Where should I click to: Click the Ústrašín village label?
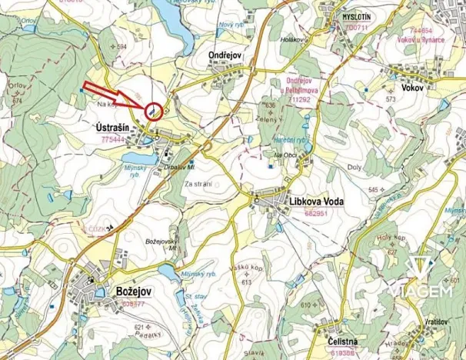tap(117, 128)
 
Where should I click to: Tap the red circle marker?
tap(154, 112)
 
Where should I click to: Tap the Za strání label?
tap(198, 183)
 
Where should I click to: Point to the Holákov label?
tap(294, 38)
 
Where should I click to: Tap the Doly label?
tap(354, 167)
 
